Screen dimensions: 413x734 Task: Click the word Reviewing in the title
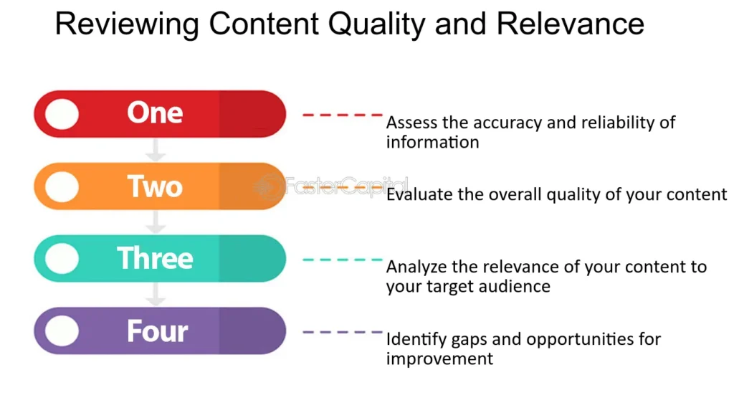[x=126, y=25]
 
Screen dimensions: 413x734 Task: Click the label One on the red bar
[x=155, y=113]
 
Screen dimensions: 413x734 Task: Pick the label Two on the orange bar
[x=155, y=186]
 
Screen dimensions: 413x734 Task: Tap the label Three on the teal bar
[x=155, y=258]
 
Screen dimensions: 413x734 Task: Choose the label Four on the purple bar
[x=157, y=331]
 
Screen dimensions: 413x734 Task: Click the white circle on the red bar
[x=62, y=114]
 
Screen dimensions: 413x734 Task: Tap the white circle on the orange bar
[x=62, y=186]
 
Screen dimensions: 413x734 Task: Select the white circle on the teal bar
[x=62, y=258]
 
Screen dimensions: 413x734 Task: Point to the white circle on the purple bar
[x=62, y=331]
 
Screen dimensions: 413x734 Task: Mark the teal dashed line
[x=343, y=260]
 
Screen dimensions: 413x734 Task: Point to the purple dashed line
[x=343, y=332]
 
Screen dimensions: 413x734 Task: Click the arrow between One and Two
[x=155, y=150]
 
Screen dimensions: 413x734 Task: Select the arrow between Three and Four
[x=155, y=295]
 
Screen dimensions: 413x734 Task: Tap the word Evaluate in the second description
[x=416, y=195]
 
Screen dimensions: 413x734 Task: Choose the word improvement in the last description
[x=439, y=359]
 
